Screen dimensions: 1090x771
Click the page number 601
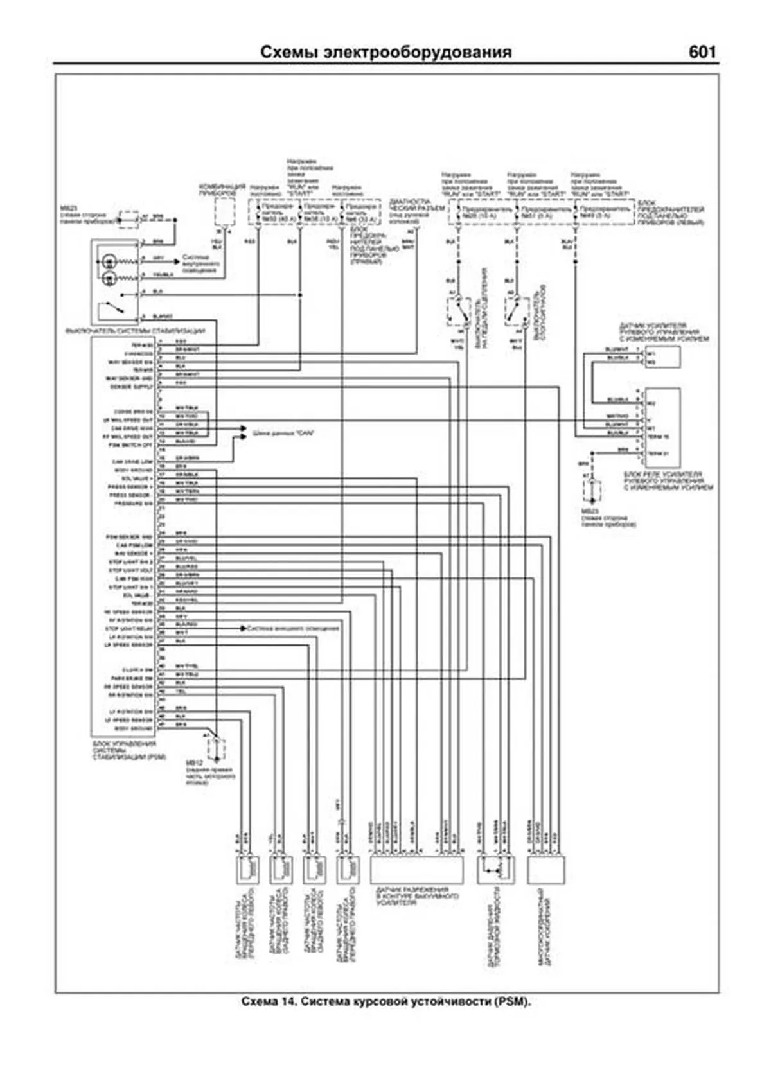[702, 52]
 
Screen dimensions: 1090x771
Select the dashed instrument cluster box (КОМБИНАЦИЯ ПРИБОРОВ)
[224, 211]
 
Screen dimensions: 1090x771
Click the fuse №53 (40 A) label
[273, 213]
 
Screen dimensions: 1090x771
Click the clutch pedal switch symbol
[457, 311]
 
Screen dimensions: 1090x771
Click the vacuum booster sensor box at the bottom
[416, 870]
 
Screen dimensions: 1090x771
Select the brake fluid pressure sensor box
[493, 870]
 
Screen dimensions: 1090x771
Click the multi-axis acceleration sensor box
[545, 870]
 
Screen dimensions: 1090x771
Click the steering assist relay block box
[662, 427]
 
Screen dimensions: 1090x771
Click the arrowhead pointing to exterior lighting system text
[244, 628]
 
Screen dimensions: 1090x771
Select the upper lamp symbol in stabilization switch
[109, 261]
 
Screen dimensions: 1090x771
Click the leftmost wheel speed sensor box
[247, 870]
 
